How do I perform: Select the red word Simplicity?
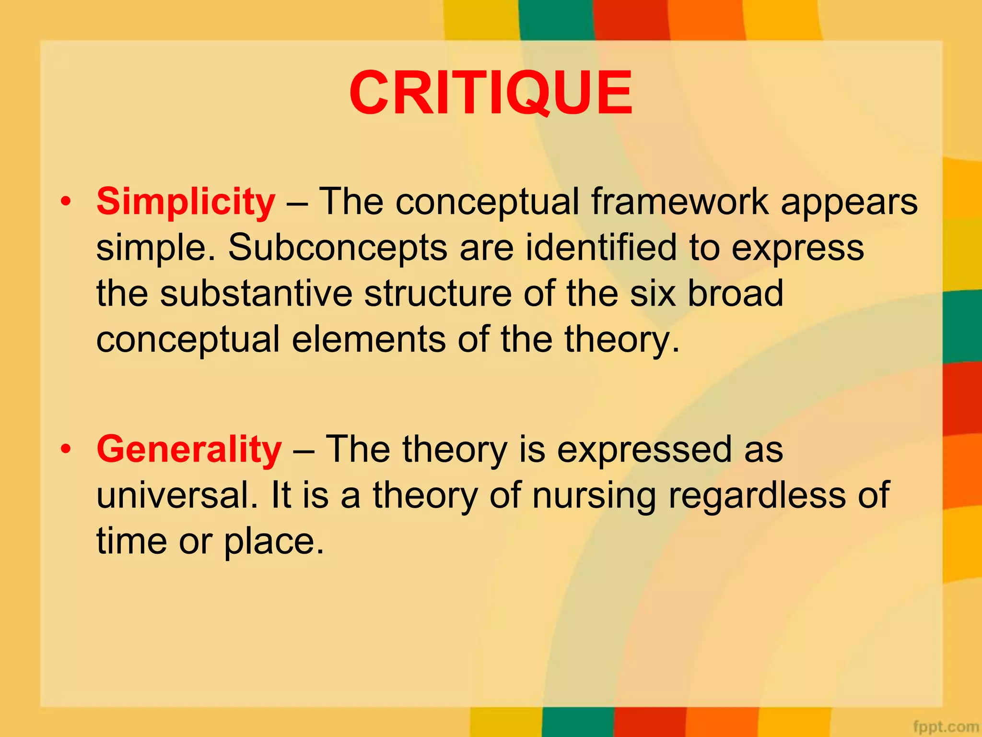click(186, 202)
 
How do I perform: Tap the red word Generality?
click(189, 449)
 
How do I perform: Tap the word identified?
click(601, 247)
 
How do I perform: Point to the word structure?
click(437, 293)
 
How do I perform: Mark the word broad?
click(736, 293)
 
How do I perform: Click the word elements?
click(368, 339)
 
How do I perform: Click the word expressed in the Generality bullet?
click(644, 450)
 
